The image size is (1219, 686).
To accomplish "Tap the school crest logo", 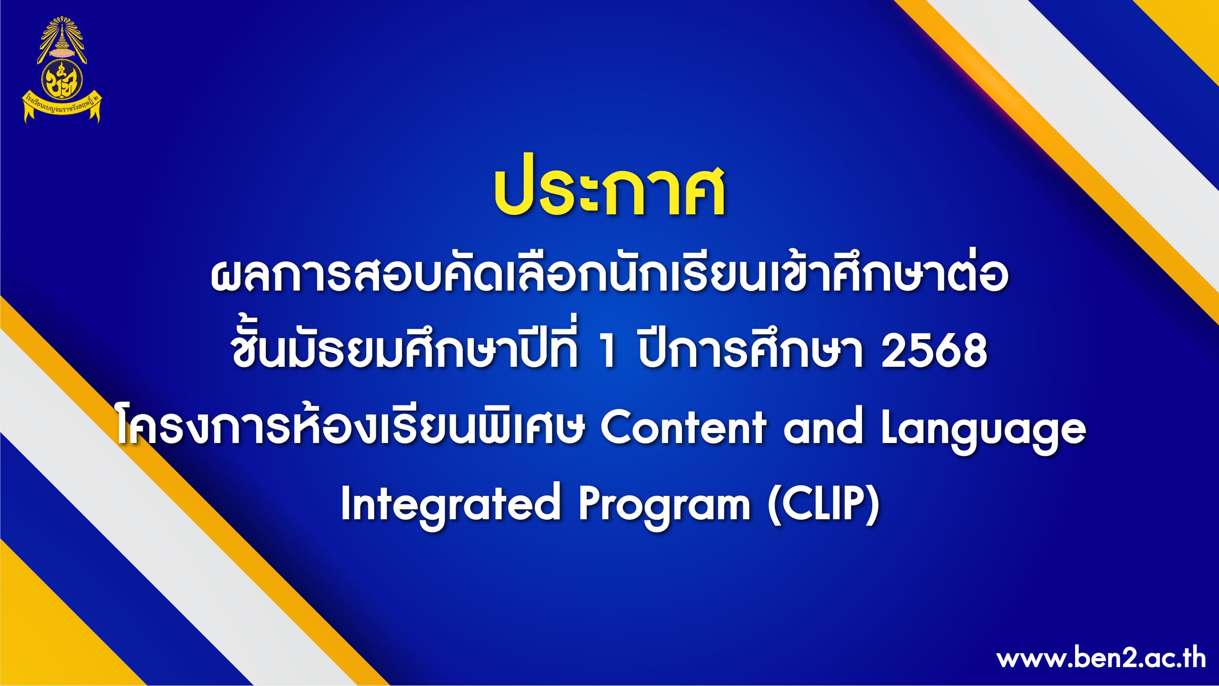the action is pyautogui.click(x=62, y=70).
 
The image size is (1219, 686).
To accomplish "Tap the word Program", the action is pyautogui.click(x=665, y=506).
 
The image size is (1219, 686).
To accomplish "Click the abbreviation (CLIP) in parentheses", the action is pyautogui.click(x=824, y=504).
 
